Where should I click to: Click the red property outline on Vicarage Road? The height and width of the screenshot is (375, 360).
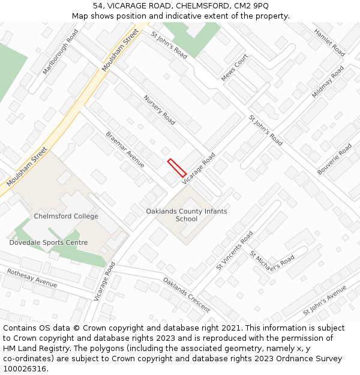pyautogui.click(x=177, y=167)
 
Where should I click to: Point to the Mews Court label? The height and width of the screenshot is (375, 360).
pyautogui.click(x=235, y=68)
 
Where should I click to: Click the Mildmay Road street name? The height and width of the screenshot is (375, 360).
pyautogui.click(x=328, y=82)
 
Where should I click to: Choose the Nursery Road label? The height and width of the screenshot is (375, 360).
pyautogui.click(x=159, y=110)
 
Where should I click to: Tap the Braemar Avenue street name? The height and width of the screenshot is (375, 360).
pyautogui.click(x=125, y=149)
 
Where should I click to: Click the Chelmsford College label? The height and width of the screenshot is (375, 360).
pyautogui.click(x=66, y=217)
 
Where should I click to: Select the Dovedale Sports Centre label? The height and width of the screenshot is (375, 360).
pyautogui.click(x=49, y=243)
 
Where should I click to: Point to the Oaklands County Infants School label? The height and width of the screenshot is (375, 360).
pyautogui.click(x=187, y=215)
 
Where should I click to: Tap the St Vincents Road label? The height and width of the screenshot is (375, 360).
pyautogui.click(x=235, y=250)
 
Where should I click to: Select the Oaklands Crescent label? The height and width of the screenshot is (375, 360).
pyautogui.click(x=187, y=295)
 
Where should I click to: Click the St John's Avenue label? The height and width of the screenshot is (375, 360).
pyautogui.click(x=325, y=301)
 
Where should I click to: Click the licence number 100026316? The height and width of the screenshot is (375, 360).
pyautogui.click(x=26, y=368)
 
